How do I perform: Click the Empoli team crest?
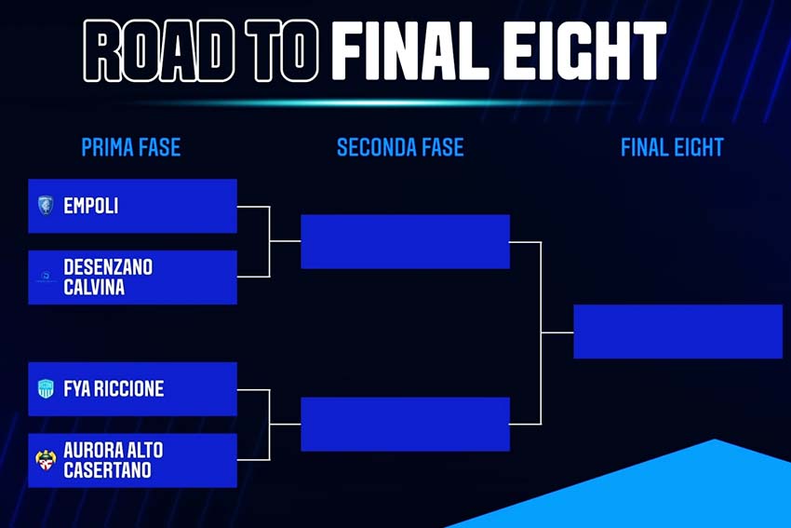click(x=46, y=206)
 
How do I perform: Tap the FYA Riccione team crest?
click(x=46, y=388)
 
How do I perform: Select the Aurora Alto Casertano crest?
click(x=46, y=460)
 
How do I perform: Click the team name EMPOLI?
click(x=91, y=206)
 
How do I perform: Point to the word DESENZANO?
click(x=108, y=267)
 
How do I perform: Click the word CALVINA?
click(x=94, y=287)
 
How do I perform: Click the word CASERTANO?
click(x=107, y=470)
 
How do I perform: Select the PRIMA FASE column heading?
click(x=131, y=147)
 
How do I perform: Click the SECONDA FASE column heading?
click(x=400, y=147)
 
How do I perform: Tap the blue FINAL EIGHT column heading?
click(x=672, y=147)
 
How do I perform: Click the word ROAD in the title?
click(x=159, y=50)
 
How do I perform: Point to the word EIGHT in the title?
click(x=584, y=50)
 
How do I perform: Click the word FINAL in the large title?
click(x=410, y=50)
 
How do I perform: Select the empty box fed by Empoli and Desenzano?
click(x=405, y=241)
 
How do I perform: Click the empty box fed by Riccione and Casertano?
click(x=405, y=424)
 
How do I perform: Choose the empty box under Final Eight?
click(x=678, y=332)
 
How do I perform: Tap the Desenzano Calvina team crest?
click(x=46, y=277)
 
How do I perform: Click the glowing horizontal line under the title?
click(x=373, y=103)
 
